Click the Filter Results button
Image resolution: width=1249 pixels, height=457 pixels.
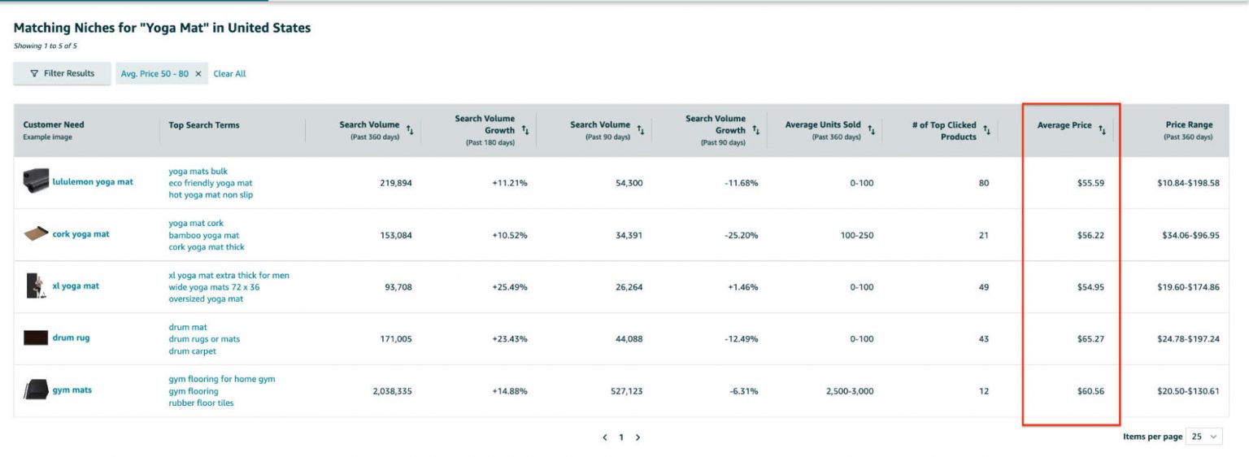[x=62, y=73]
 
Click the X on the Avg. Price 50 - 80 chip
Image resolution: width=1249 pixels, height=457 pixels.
[x=198, y=74]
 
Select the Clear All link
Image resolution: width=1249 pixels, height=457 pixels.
[x=229, y=74]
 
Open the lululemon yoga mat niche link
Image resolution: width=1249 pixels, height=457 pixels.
[x=93, y=182]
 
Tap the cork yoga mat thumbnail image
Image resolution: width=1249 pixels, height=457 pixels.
[x=36, y=234]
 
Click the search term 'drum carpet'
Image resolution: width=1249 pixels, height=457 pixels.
[x=192, y=351]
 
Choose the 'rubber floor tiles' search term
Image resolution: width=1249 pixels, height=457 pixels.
[x=201, y=403]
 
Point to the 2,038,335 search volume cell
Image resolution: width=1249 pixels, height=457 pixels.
[x=392, y=391]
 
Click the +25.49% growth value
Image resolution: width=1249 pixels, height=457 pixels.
[x=509, y=287]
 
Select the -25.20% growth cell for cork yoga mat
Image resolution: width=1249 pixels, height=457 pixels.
[x=741, y=235]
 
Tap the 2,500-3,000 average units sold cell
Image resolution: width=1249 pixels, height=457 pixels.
[x=850, y=391]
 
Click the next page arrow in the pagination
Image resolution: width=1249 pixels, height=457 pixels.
[x=638, y=437]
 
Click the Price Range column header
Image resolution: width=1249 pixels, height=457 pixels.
[x=1188, y=125]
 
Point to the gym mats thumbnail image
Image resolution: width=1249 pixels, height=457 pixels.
[x=36, y=390]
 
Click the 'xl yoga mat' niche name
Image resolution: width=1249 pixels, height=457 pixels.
[x=76, y=286]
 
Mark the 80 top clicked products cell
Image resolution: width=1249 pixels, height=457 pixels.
[x=984, y=183]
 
